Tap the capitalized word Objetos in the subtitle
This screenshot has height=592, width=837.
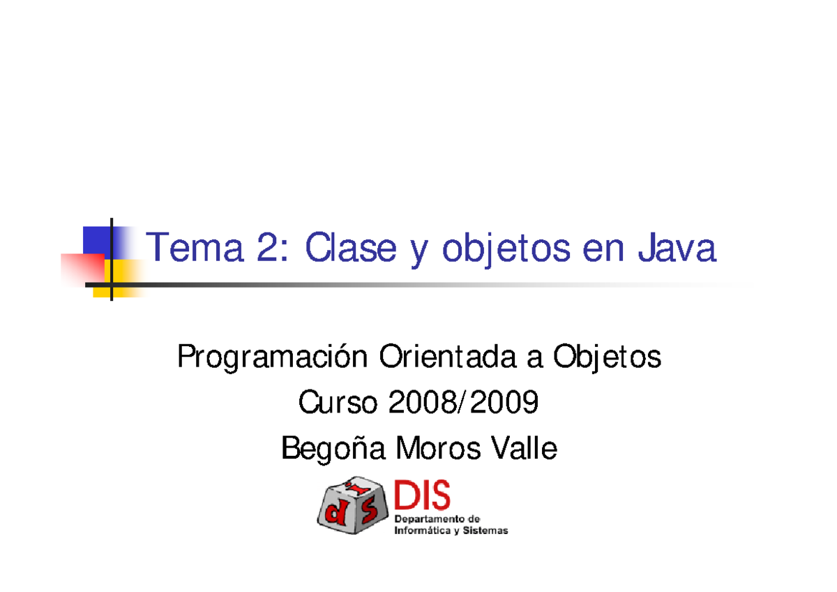(x=606, y=359)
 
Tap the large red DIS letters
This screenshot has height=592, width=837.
(x=423, y=496)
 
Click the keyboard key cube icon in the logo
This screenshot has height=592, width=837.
(x=352, y=505)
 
